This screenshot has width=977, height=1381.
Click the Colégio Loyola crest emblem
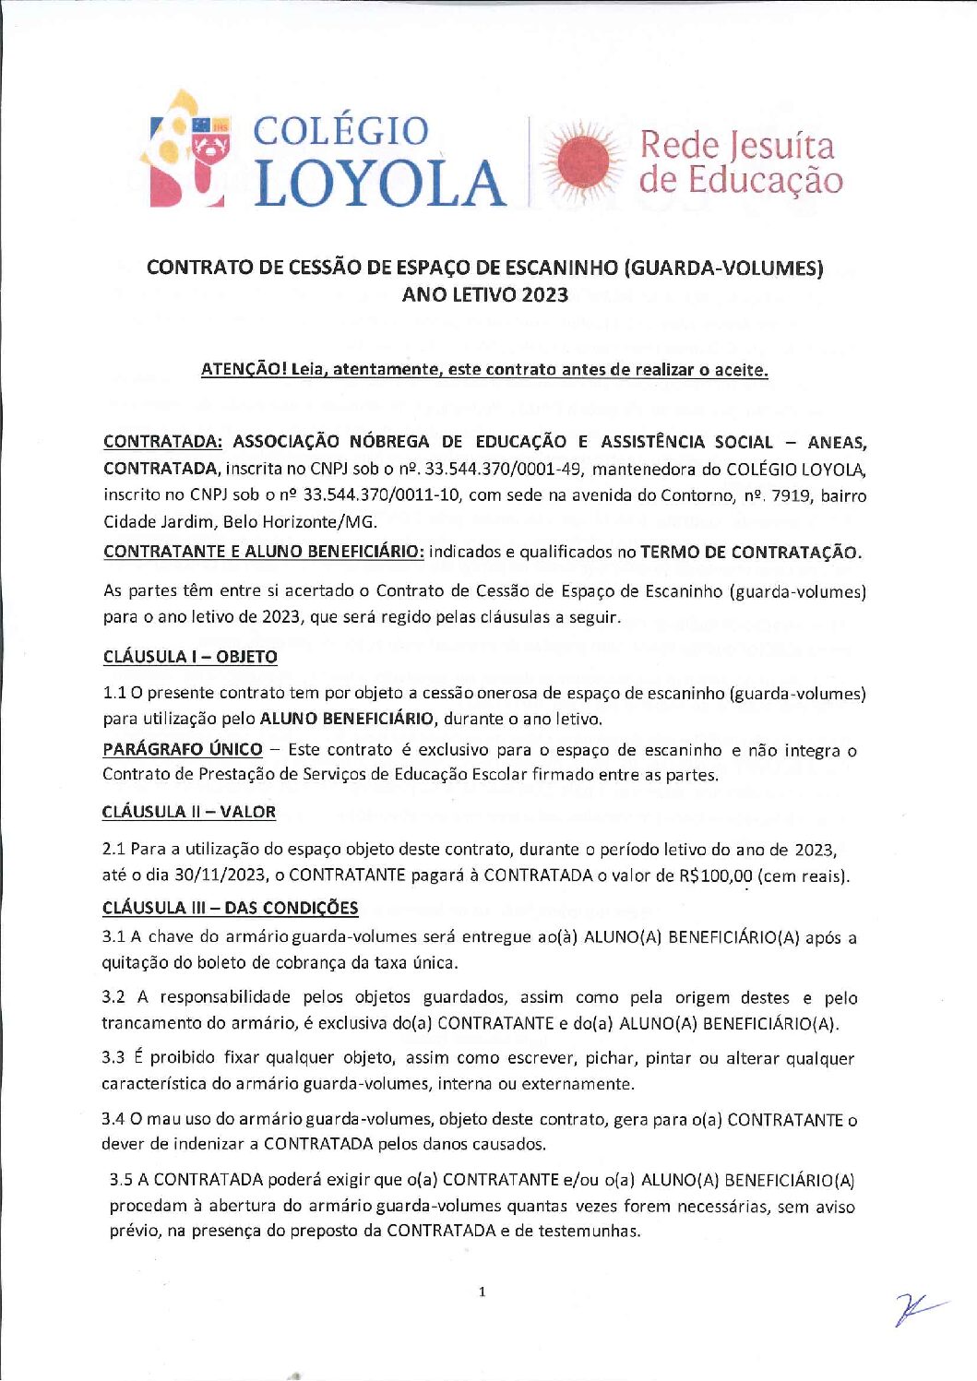(x=188, y=149)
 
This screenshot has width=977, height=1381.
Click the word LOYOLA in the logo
(x=379, y=183)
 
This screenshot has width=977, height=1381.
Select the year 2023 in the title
(x=544, y=295)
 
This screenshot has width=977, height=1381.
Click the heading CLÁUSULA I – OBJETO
(x=190, y=657)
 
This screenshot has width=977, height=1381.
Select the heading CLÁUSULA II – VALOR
(x=189, y=812)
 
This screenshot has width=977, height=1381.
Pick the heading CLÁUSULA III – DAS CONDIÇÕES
(x=230, y=908)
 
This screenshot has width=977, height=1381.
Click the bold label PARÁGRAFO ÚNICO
(x=183, y=749)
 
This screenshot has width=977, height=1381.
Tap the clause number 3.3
(x=113, y=1058)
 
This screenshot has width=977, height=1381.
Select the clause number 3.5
(x=121, y=1180)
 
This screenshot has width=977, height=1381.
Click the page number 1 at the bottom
(x=482, y=1292)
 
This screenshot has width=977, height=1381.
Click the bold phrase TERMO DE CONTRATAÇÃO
(x=750, y=553)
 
